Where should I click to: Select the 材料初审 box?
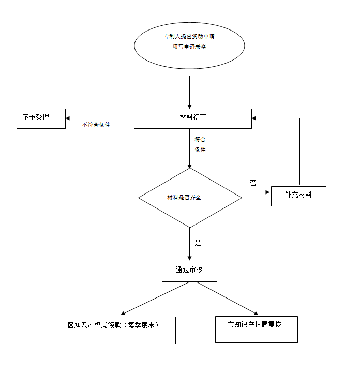[x=192, y=118]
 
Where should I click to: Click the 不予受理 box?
[x=41, y=118]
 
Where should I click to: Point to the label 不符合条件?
[x=96, y=125]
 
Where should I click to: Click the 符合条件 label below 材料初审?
[x=200, y=144]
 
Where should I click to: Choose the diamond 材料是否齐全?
[x=190, y=198]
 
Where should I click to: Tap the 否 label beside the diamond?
[x=253, y=183]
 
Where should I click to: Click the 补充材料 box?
[x=298, y=196]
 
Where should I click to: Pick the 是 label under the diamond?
[x=198, y=242]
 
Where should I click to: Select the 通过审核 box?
[x=189, y=272]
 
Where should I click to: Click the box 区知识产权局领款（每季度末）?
[x=116, y=330]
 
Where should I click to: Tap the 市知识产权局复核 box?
[x=256, y=329]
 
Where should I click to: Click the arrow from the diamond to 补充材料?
[x=258, y=192]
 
